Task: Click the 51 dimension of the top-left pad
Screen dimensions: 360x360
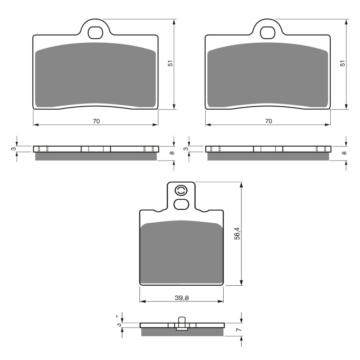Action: point(171,64)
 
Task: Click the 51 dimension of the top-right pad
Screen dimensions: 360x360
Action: point(343,64)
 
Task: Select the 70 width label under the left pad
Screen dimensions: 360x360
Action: point(96,121)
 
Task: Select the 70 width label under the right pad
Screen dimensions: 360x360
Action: point(268,121)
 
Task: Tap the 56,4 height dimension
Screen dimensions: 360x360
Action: point(238,234)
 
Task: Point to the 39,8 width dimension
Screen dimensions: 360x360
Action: point(181,297)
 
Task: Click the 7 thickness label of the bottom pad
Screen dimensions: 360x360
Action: point(239,330)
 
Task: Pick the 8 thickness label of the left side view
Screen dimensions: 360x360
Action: point(171,153)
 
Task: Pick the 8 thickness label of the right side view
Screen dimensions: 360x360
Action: point(344,153)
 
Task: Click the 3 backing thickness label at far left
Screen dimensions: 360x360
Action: point(14,148)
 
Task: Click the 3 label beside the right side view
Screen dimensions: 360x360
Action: point(186,148)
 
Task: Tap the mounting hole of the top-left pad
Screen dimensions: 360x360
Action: point(95,32)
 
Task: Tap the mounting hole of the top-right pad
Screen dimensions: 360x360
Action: point(268,32)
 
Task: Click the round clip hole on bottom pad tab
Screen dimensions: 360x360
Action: point(181,191)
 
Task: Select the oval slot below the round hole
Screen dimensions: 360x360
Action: point(181,204)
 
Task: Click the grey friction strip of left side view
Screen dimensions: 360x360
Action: point(96,156)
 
